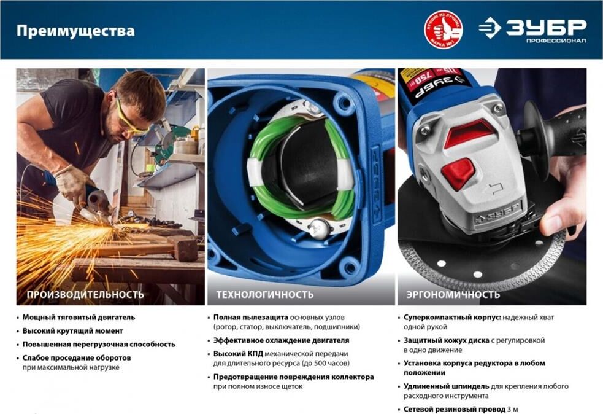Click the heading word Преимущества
(75, 31)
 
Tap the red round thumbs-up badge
(444, 29)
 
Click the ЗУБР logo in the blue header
(532, 30)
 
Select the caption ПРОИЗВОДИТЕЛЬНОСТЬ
(85, 295)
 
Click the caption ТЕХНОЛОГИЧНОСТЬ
(264, 295)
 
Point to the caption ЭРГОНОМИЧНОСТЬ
(453, 295)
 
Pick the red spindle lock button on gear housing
(458, 173)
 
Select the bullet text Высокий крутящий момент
(72, 331)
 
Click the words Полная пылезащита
(251, 318)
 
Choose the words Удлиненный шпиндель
(446, 386)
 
